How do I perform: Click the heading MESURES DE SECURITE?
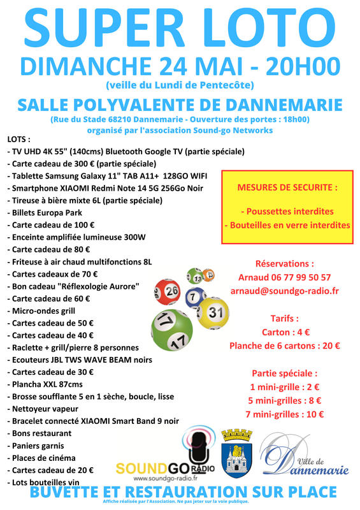(x=287, y=188)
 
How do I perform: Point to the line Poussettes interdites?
(x=287, y=211)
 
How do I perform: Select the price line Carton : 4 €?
(x=284, y=332)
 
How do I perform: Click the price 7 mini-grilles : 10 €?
(x=284, y=414)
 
